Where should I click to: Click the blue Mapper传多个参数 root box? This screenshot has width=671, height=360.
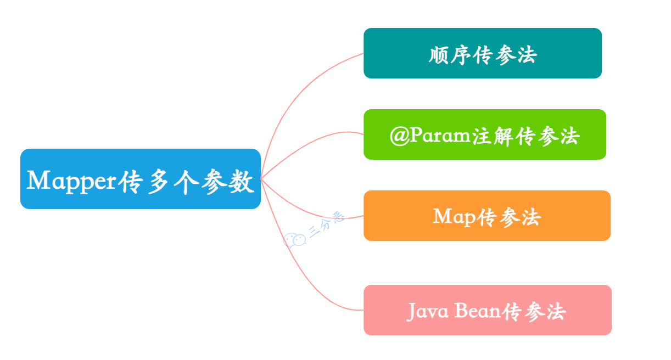click(x=140, y=179)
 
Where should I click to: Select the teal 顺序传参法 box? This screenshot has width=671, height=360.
click(x=482, y=53)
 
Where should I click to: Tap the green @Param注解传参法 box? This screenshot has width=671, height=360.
click(x=484, y=134)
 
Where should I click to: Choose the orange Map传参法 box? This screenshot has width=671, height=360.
click(x=487, y=216)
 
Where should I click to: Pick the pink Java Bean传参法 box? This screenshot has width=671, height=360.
click(x=487, y=310)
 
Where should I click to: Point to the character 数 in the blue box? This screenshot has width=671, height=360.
click(x=242, y=181)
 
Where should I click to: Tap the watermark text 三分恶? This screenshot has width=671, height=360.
click(x=327, y=225)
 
